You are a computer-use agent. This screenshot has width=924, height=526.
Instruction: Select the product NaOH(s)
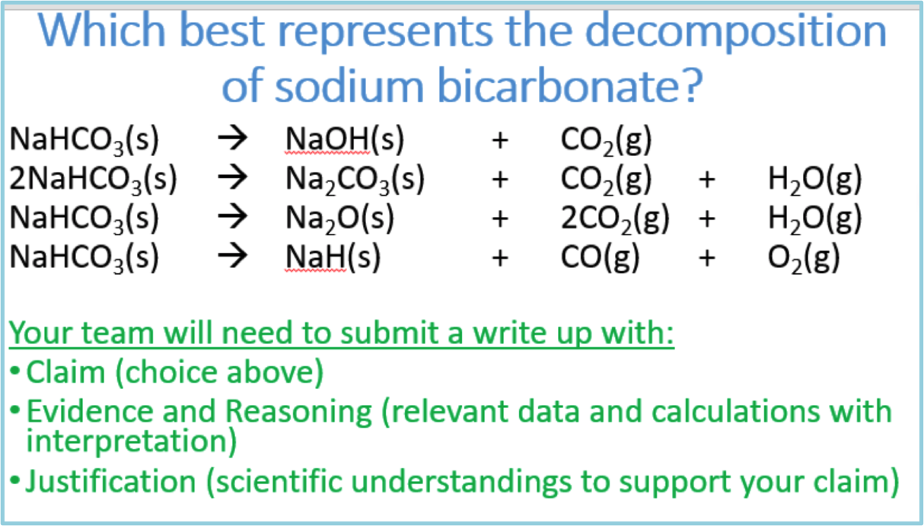click(x=344, y=140)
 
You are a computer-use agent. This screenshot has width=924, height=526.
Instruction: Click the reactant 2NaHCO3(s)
click(x=93, y=180)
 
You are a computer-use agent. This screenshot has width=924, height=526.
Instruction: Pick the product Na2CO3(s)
click(x=355, y=180)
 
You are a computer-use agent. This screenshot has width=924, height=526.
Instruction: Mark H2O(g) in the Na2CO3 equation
click(x=814, y=180)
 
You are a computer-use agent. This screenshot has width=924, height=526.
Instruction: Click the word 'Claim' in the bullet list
click(x=65, y=372)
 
